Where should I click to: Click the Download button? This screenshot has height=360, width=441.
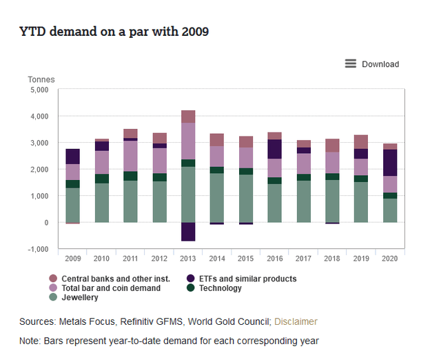[x=380, y=64]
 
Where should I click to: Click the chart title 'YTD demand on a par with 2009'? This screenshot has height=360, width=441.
[x=114, y=32]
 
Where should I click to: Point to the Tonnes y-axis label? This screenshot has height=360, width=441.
[x=41, y=80]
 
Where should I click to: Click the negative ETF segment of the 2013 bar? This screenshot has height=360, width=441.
[x=188, y=232]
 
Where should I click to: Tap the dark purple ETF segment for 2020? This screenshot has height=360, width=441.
[x=390, y=163]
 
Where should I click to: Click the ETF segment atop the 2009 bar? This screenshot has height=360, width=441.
[x=72, y=157]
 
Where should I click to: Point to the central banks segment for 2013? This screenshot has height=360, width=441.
[x=188, y=117]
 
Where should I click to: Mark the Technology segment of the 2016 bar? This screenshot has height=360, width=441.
[x=275, y=181]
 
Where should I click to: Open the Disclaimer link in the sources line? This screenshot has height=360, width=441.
[x=296, y=321]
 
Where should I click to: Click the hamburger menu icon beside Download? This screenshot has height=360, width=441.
[x=351, y=64]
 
